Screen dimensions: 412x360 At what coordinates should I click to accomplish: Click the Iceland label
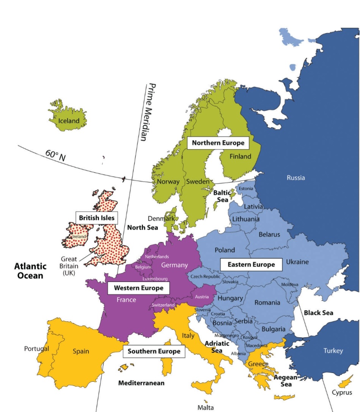pyautogui.click(x=69, y=121)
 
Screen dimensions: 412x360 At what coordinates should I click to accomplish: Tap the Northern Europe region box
pyautogui.click(x=218, y=143)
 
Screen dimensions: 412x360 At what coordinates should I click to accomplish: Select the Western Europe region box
pyautogui.click(x=138, y=288)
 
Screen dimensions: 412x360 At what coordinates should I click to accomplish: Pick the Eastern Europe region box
pyautogui.click(x=251, y=264)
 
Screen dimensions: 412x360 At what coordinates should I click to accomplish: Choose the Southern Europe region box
pyautogui.click(x=154, y=351)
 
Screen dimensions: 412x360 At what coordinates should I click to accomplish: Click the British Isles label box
pyautogui.click(x=96, y=218)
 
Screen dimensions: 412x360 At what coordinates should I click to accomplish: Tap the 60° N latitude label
pyautogui.click(x=55, y=155)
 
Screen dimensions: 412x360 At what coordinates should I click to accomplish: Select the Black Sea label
pyautogui.click(x=318, y=313)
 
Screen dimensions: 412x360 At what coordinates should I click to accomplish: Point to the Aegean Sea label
pyautogui.click(x=286, y=381)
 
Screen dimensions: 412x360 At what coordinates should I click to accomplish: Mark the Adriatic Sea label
pyautogui.click(x=217, y=347)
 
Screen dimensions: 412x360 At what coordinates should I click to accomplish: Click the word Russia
pyautogui.click(x=296, y=178)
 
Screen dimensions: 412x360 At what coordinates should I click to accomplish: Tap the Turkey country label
pyautogui.click(x=333, y=351)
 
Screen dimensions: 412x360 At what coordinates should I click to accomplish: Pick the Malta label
pyautogui.click(x=205, y=407)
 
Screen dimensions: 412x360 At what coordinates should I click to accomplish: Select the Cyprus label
pyautogui.click(x=342, y=393)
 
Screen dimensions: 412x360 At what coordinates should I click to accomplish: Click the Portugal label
pyautogui.click(x=36, y=349)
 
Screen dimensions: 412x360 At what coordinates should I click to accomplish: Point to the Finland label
pyautogui.click(x=241, y=156)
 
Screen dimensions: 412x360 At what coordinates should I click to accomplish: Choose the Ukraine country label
pyautogui.click(x=297, y=262)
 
